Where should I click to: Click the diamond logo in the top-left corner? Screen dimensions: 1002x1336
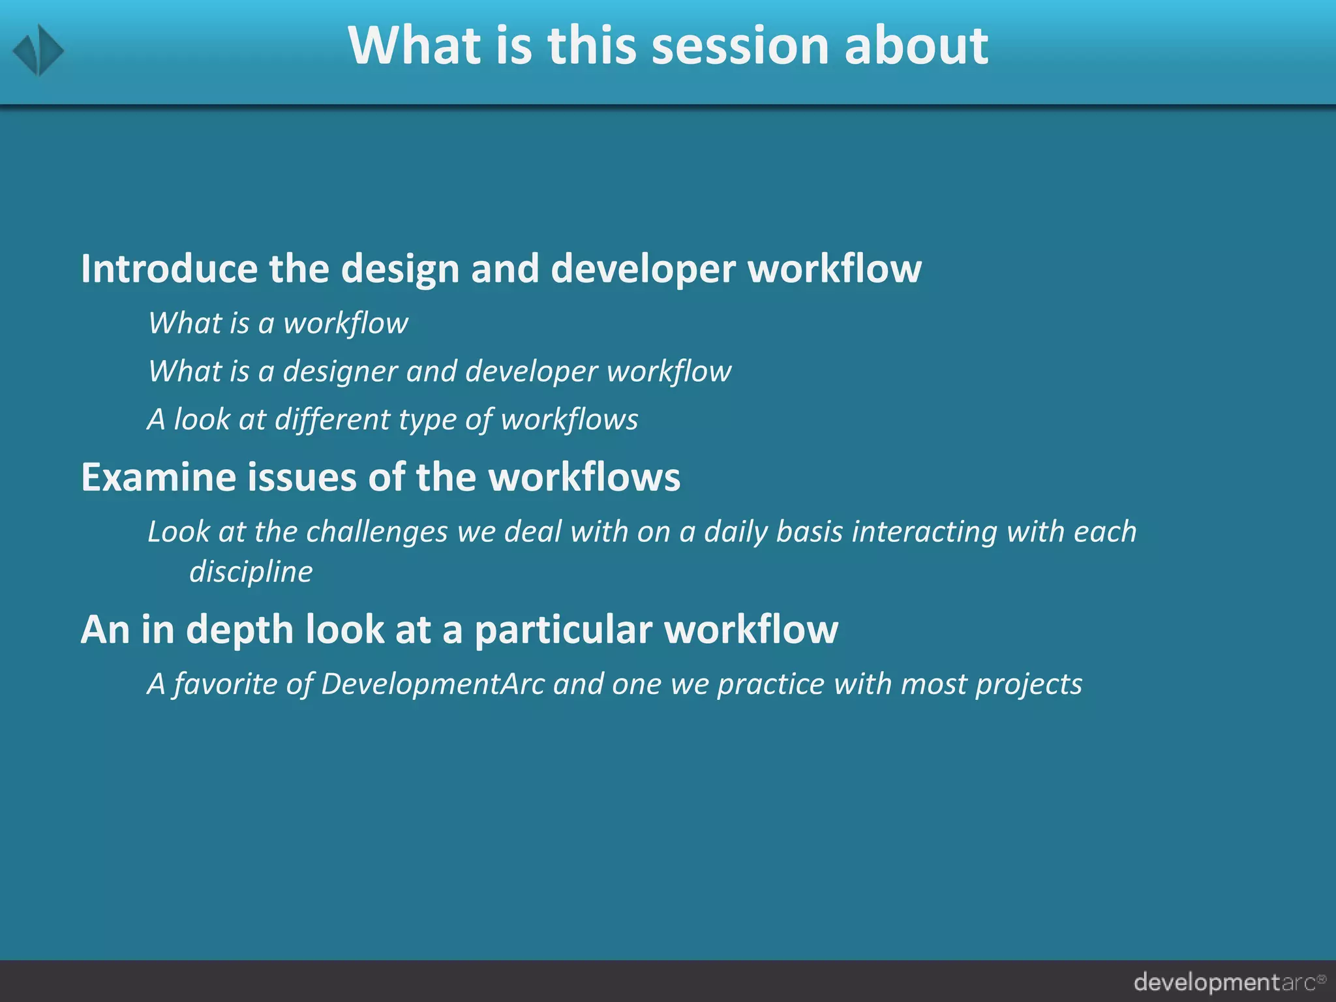coord(38,50)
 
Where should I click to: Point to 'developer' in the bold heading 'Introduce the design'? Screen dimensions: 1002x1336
coord(643,270)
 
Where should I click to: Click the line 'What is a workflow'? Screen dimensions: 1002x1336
coord(278,323)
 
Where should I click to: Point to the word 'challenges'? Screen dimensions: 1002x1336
coord(376,532)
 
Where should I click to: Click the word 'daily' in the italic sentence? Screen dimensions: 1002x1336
coord(735,532)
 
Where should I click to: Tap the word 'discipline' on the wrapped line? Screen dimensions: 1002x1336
coord(251,572)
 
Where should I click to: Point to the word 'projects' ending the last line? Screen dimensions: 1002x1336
coord(1029,684)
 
